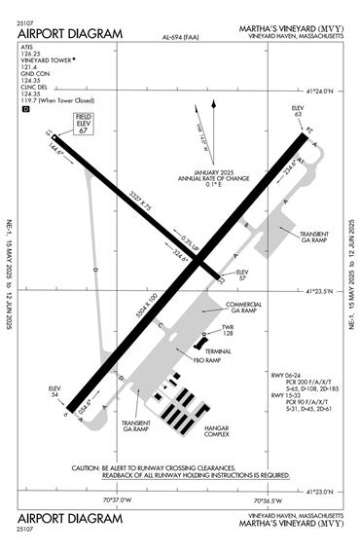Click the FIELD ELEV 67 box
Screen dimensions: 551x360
tap(83, 124)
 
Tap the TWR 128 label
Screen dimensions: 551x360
tap(229, 331)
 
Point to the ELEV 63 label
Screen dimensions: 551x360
tap(298, 111)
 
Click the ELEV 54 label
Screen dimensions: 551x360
tap(54, 391)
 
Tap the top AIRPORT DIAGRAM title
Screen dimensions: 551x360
tap(70, 34)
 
